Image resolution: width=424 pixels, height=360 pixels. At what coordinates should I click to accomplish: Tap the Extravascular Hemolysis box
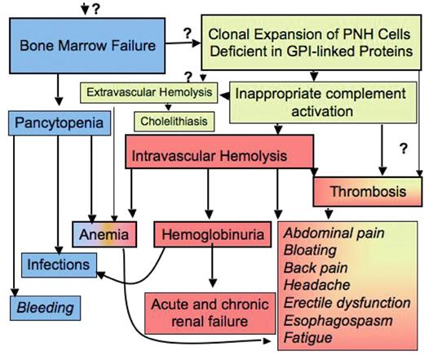148,93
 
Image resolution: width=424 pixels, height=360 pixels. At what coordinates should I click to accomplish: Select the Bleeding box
53,307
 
